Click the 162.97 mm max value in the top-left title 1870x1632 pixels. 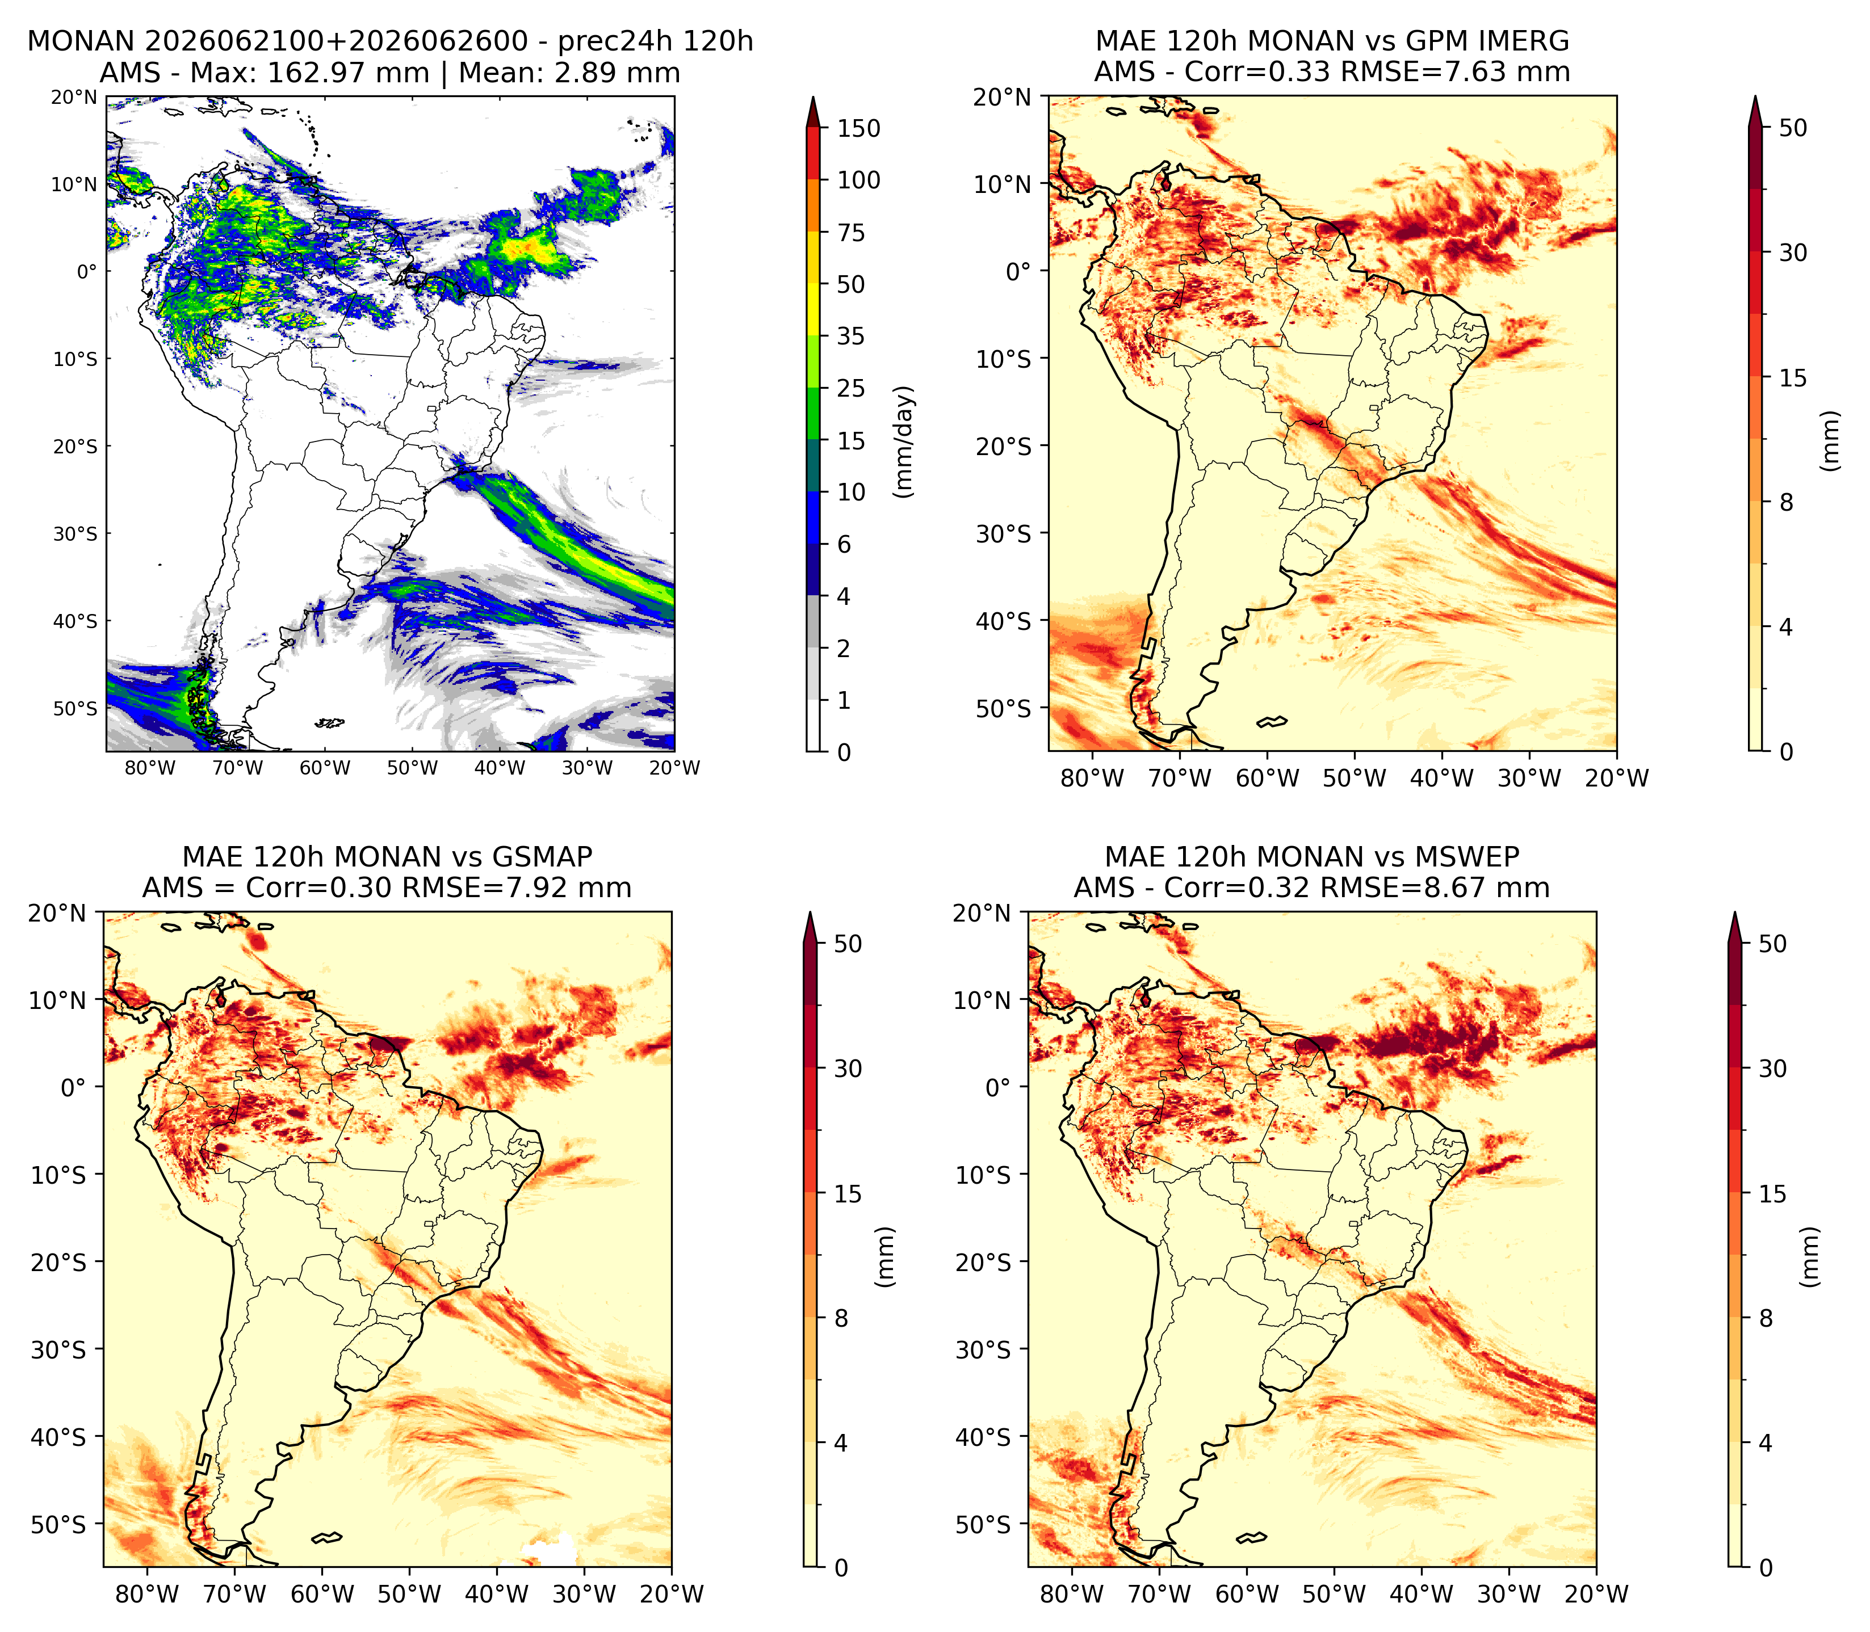click(347, 73)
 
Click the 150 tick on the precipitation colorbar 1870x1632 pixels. click(858, 128)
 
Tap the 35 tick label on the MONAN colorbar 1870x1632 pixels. click(851, 336)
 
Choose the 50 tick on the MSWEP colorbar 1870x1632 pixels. click(1772, 944)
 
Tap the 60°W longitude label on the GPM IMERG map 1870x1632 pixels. click(1267, 778)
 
